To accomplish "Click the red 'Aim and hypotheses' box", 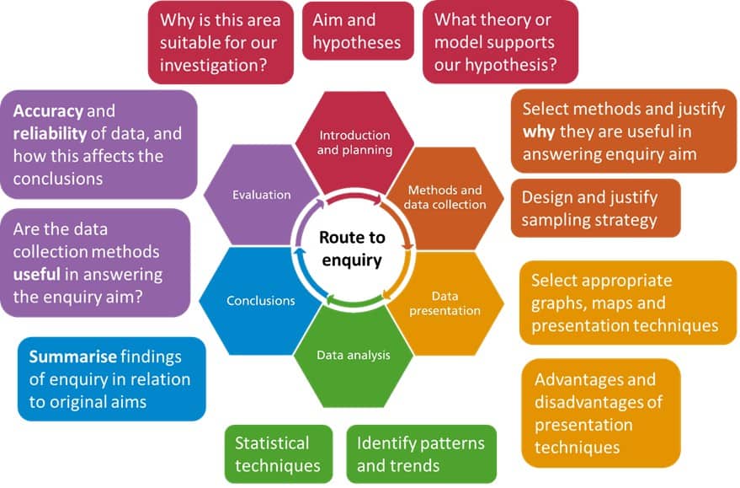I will pyautogui.click(x=358, y=30).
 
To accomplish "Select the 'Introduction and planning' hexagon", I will pyautogui.click(x=354, y=142).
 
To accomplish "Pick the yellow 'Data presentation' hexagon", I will pyautogui.click(x=445, y=303).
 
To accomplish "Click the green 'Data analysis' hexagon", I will pyautogui.click(x=354, y=355).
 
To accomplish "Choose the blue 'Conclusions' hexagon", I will pyautogui.click(x=260, y=300).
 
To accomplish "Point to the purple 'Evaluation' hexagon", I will pyautogui.click(x=261, y=195).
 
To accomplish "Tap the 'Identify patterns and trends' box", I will pyautogui.click(x=421, y=453).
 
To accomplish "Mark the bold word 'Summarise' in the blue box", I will pyautogui.click(x=71, y=357).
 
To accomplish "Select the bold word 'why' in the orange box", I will pyautogui.click(x=539, y=131).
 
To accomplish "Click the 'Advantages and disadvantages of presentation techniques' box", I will pyautogui.click(x=600, y=413).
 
